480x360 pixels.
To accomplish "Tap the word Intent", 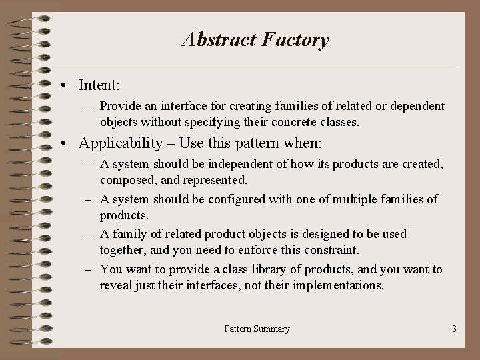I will pos(98,85).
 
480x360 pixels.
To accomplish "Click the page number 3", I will pos(454,329).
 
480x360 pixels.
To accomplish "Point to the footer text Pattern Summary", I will pos(257,329).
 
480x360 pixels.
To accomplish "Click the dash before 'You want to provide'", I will pos(91,269).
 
